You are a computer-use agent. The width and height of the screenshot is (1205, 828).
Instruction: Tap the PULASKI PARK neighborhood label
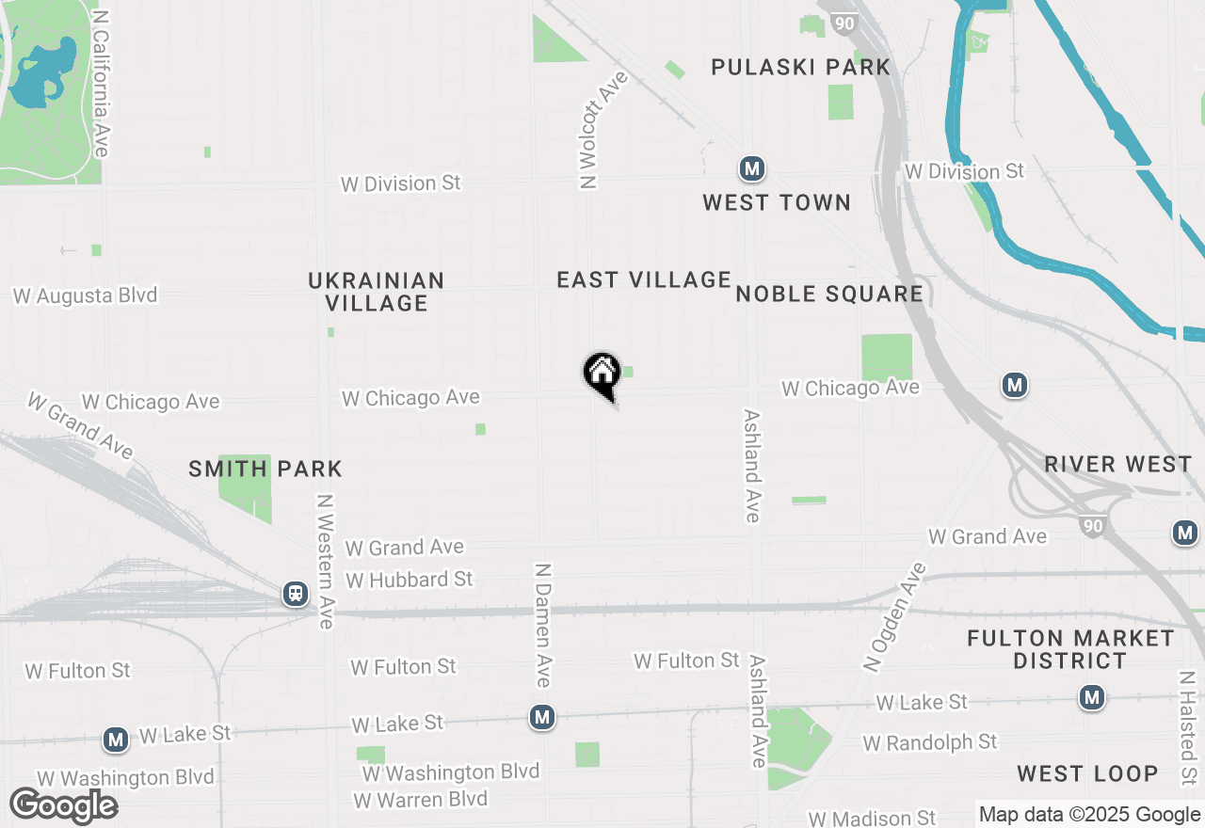pos(800,67)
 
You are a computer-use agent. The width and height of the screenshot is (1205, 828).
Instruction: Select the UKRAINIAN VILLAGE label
pos(376,292)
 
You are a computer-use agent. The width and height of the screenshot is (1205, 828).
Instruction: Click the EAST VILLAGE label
pos(644,279)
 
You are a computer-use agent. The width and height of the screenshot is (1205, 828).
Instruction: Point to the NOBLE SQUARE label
pos(829,294)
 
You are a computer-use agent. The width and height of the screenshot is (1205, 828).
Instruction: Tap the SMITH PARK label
pos(265,469)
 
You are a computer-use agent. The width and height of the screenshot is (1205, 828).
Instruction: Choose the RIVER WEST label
pos(1118,464)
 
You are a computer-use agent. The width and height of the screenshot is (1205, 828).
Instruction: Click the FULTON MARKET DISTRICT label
pos(1070,649)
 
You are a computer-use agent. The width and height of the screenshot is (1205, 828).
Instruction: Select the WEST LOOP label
pos(1087,773)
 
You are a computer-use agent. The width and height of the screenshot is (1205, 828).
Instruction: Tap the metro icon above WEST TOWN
pos(751,169)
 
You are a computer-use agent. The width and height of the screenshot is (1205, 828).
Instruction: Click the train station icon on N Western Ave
pos(296,594)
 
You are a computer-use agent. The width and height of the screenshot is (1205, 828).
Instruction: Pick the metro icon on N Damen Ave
pos(541,718)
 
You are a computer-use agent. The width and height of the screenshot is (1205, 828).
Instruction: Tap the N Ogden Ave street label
pos(894,617)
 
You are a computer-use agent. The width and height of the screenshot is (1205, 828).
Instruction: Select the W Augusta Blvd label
pos(85,295)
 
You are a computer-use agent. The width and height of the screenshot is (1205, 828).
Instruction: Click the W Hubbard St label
pos(410,580)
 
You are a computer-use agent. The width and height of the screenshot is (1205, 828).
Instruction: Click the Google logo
pos(63,805)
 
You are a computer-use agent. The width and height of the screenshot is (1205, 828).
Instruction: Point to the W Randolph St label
pos(930,742)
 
